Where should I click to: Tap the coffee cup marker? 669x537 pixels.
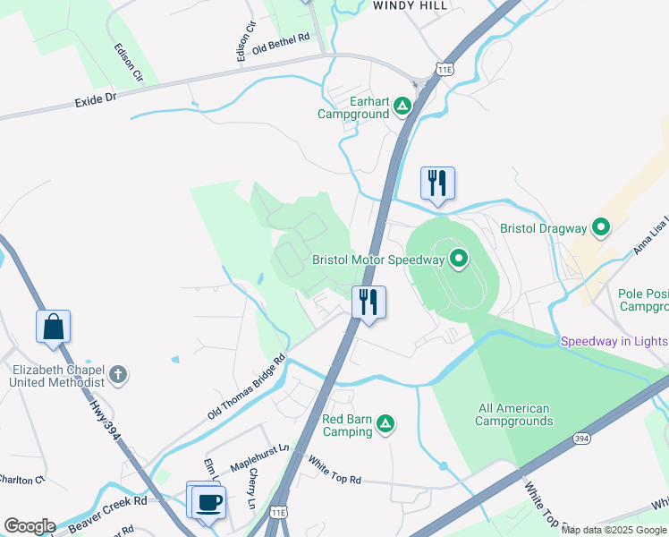pos(208,501)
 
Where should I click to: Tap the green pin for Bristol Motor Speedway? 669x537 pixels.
pos(459,260)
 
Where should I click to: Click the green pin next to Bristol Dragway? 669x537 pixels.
pos(601,228)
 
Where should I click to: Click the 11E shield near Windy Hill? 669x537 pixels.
pos(445,68)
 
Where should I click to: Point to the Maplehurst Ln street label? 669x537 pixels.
pos(260,456)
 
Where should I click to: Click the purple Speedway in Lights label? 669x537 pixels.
pos(614,341)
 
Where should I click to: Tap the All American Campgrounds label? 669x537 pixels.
pos(513,414)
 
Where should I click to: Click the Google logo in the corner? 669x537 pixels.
pos(29,526)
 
